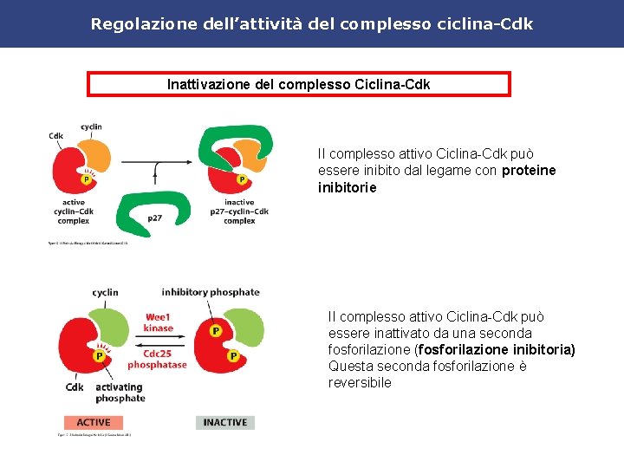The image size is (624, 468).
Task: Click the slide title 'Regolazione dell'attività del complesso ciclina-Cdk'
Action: tap(312, 23)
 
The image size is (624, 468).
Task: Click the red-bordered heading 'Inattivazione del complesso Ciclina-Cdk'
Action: tap(299, 84)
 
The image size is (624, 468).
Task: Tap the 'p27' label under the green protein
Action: tap(154, 218)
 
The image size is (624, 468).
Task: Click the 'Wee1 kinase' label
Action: tap(159, 322)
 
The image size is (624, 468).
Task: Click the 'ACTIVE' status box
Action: tap(93, 422)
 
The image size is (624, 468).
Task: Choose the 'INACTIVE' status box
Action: tap(225, 422)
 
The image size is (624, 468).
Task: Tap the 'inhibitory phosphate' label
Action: tap(211, 293)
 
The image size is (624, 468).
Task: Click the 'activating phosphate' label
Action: tap(120, 393)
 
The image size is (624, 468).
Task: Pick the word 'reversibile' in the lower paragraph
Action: tap(360, 382)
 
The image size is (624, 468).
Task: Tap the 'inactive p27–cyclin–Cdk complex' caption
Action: tap(239, 211)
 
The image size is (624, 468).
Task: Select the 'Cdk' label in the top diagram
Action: tap(55, 136)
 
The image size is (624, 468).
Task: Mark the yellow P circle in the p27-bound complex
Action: tap(241, 179)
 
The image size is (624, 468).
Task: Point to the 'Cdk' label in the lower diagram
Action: tap(75, 387)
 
